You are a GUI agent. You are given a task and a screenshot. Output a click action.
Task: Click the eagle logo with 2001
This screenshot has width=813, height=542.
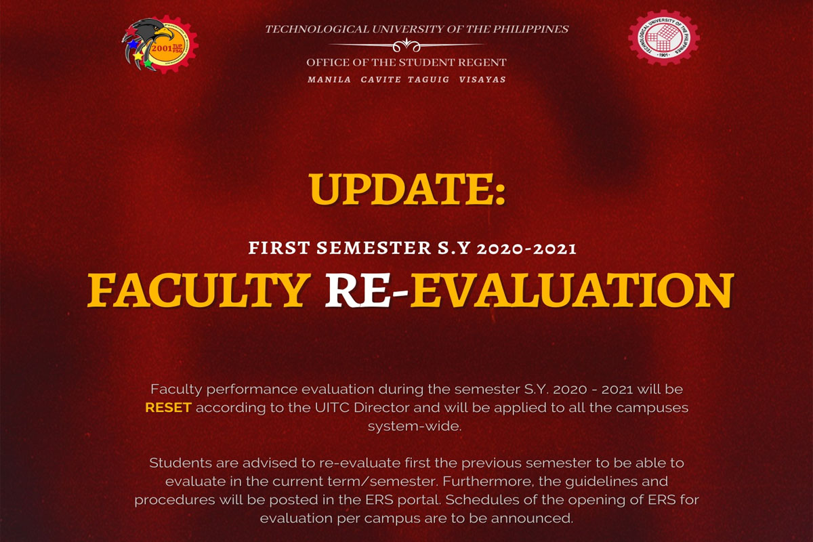click(x=160, y=45)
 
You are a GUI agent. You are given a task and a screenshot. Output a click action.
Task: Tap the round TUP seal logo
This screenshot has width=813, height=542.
click(x=664, y=38)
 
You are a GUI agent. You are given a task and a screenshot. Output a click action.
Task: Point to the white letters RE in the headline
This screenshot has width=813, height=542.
click(x=358, y=290)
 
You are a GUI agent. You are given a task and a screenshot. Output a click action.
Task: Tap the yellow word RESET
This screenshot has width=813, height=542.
click(x=169, y=408)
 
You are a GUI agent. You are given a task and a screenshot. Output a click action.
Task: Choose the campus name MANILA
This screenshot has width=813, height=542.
click(x=329, y=79)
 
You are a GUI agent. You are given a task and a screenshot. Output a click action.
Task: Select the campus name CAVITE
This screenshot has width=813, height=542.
click(x=381, y=79)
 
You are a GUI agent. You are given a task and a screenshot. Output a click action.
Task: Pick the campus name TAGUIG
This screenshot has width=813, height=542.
click(x=429, y=79)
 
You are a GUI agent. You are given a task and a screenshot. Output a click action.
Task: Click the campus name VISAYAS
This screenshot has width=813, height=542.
click(x=482, y=79)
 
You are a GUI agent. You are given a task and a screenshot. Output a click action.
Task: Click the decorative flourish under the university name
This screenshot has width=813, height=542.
click(x=406, y=45)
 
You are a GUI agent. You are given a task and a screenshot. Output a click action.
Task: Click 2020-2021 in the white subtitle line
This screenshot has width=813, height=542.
click(x=526, y=249)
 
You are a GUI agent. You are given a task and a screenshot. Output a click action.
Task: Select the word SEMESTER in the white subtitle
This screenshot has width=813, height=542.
click(x=374, y=249)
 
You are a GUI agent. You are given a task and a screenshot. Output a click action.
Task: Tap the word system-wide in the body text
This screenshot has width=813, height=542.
click(x=415, y=426)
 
